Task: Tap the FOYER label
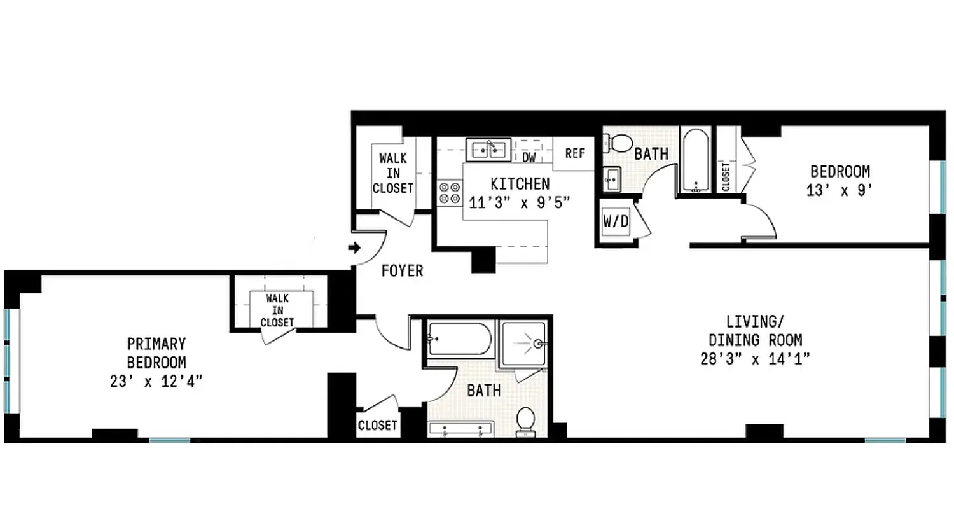[x=402, y=271]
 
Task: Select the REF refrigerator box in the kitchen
[x=575, y=153]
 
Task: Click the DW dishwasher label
[x=529, y=157]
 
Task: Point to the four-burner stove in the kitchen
[x=450, y=193]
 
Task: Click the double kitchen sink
[x=488, y=150]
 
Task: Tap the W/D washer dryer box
[x=615, y=222]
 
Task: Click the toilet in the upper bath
[x=614, y=143]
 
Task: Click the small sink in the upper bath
[x=612, y=179]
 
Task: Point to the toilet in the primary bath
[x=525, y=421]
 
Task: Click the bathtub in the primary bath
[x=459, y=339]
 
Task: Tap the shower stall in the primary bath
[x=524, y=344]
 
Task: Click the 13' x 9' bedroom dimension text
[x=840, y=190]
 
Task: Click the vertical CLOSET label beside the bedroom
[x=726, y=176]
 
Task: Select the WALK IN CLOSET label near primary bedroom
[x=277, y=310]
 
